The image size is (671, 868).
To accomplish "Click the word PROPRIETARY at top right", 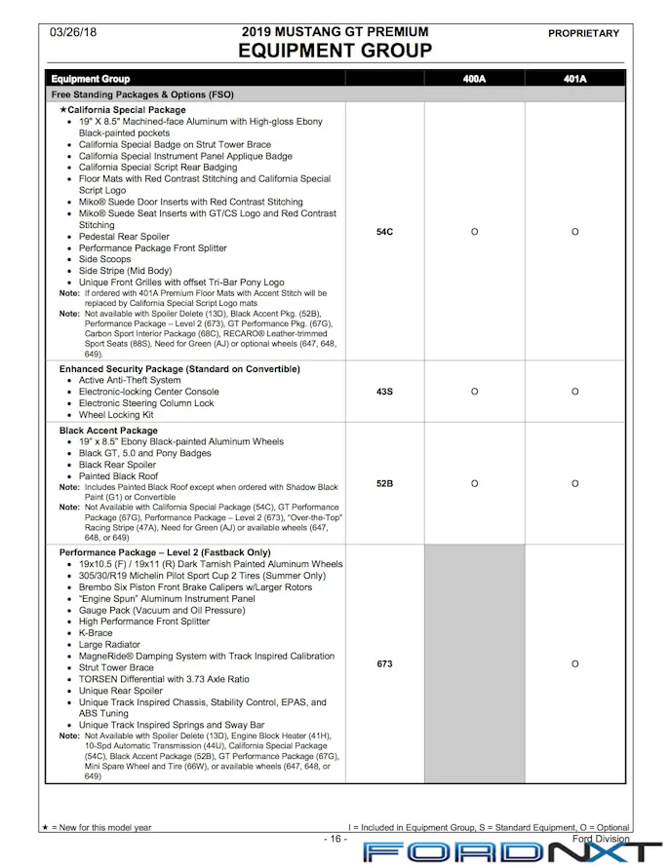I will (x=583, y=33).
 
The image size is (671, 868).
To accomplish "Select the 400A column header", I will (x=474, y=79).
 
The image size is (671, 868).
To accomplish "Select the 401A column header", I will (x=575, y=79).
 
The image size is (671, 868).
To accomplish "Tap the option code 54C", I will (x=384, y=232).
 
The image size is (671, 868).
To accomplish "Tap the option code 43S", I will (x=384, y=392).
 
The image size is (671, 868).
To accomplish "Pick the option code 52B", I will (x=384, y=483).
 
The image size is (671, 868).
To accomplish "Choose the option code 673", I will (x=384, y=663).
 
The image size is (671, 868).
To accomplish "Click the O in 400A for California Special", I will (x=474, y=232).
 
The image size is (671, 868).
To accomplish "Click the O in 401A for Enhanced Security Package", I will (x=575, y=392).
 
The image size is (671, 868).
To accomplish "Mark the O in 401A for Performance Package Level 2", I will (x=575, y=663).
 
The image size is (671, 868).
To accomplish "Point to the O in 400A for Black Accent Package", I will (x=474, y=483).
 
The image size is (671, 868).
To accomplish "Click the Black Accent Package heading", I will (x=108, y=431).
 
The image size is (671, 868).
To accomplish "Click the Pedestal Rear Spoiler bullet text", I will (x=124, y=237).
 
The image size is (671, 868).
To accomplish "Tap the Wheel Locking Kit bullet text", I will (x=116, y=415).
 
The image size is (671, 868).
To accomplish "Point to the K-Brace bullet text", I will (x=96, y=633).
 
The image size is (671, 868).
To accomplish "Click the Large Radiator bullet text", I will (x=109, y=645).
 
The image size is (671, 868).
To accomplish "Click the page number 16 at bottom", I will (x=335, y=839).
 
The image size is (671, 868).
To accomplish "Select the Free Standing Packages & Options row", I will (x=142, y=95).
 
